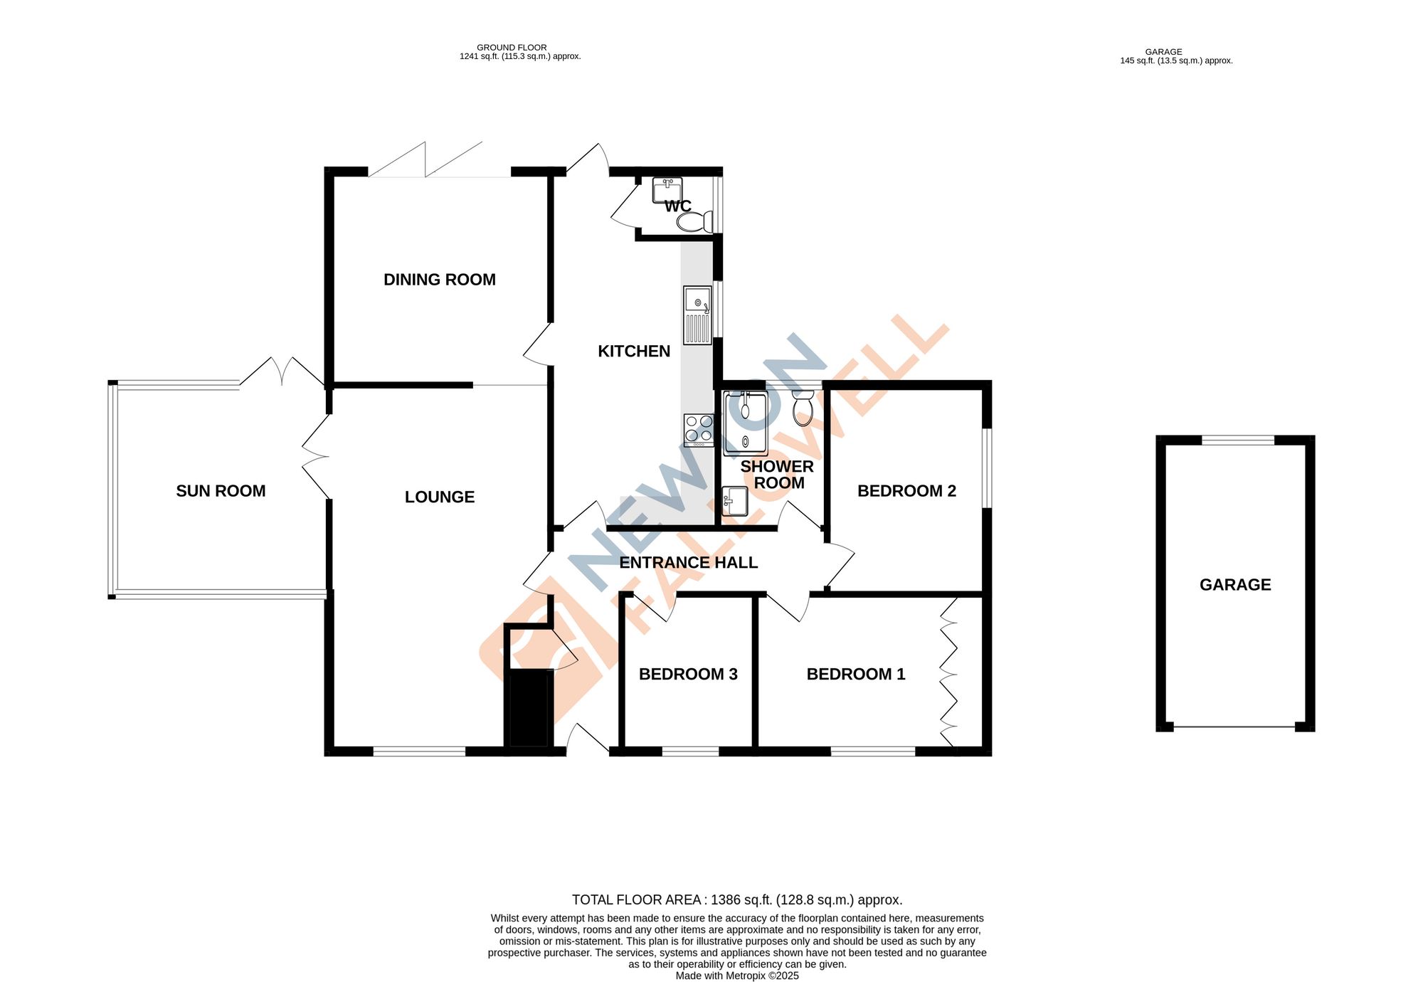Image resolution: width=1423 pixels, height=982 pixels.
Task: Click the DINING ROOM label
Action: [x=440, y=280]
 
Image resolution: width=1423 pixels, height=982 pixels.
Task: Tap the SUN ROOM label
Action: [x=221, y=491]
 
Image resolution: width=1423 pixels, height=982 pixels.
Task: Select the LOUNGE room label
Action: [x=440, y=497]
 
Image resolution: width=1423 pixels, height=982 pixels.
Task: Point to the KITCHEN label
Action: [x=633, y=351]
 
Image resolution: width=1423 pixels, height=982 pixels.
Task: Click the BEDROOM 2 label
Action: [x=906, y=491]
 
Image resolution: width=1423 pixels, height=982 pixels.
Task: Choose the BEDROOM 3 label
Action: [x=688, y=674]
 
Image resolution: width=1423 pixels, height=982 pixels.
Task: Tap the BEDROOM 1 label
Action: [x=856, y=674]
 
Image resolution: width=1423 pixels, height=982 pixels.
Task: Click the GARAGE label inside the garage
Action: [x=1235, y=585]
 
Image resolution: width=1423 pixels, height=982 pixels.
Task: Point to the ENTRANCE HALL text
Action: [x=688, y=563]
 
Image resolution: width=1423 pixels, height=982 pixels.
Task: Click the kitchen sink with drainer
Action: [x=697, y=315]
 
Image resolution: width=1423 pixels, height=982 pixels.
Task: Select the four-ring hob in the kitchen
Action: [x=699, y=430]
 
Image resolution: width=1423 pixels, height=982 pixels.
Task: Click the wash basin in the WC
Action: [x=667, y=190]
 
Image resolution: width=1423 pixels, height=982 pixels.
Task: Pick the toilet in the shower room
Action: [x=803, y=408]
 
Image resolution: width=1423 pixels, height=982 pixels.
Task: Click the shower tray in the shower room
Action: [x=746, y=423]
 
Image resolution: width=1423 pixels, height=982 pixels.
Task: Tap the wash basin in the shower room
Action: [x=734, y=501]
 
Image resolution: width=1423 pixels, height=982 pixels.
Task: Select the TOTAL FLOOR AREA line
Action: [x=737, y=900]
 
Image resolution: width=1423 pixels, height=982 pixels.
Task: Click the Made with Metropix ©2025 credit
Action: [x=737, y=976]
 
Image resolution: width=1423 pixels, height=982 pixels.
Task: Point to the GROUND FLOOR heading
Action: [x=512, y=48]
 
